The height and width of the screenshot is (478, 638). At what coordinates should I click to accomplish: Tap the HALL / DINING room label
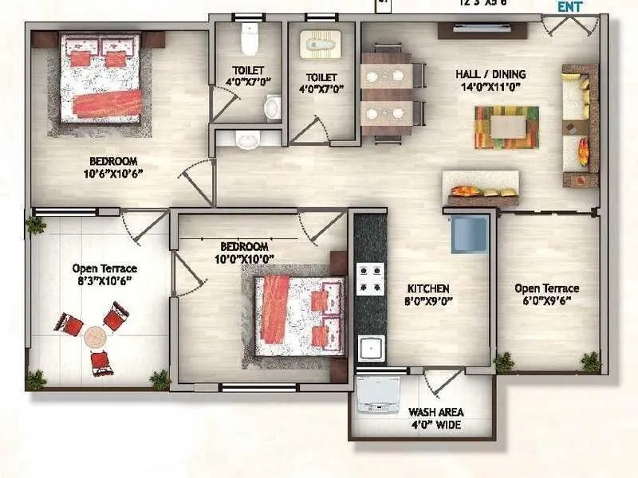[x=490, y=74]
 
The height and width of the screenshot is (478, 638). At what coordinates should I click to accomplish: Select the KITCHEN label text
[x=429, y=288]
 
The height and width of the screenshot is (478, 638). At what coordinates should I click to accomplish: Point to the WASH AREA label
[x=436, y=413]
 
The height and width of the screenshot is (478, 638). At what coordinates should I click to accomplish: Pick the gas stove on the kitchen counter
[x=370, y=279]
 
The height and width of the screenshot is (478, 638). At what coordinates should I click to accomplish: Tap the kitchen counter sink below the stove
[x=371, y=347]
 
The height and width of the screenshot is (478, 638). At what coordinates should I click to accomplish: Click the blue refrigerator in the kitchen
[x=469, y=233]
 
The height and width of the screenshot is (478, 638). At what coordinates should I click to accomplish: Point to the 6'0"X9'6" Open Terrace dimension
[x=546, y=300]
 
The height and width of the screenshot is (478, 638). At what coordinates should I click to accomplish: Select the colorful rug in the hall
[x=506, y=127]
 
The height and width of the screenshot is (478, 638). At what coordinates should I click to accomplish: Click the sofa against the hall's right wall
[x=579, y=125]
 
